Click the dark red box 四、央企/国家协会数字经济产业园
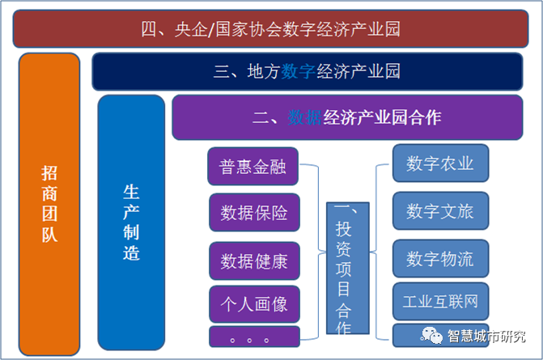point(271,30)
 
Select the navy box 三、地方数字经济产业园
point(308,71)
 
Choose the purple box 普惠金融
point(253,167)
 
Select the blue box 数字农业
point(440,163)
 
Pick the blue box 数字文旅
point(440,211)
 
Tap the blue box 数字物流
point(440,259)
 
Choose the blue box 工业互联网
point(440,302)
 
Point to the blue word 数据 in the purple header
point(304,117)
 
